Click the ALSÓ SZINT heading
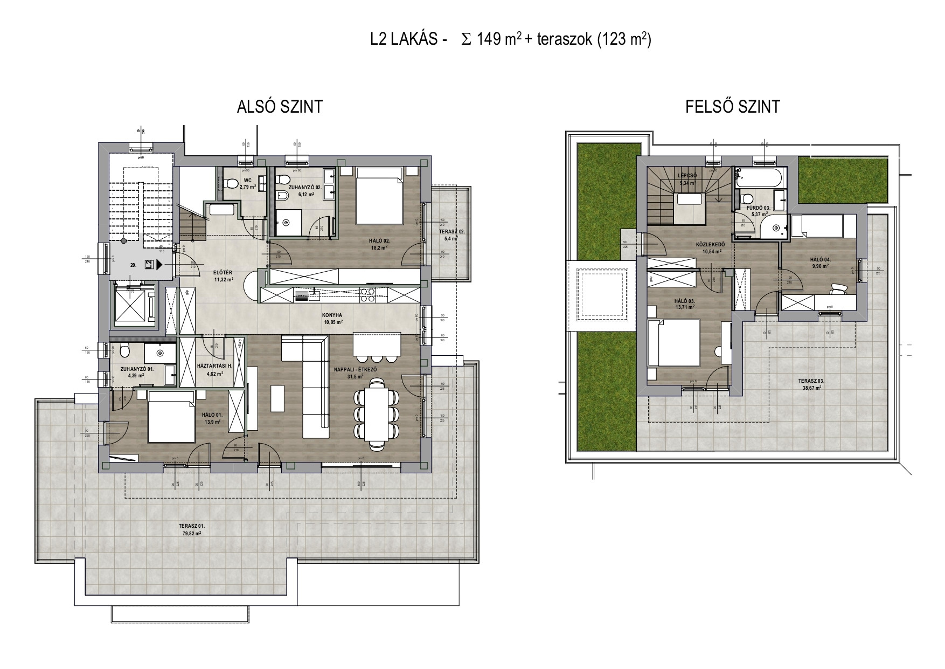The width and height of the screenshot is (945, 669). [280, 107]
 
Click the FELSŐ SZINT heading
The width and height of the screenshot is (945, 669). [732, 107]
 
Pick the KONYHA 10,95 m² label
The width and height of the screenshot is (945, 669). [333, 319]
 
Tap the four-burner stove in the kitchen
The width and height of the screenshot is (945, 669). [367, 295]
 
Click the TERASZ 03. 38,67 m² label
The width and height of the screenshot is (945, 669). [811, 384]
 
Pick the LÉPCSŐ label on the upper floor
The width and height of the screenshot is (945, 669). [689, 180]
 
